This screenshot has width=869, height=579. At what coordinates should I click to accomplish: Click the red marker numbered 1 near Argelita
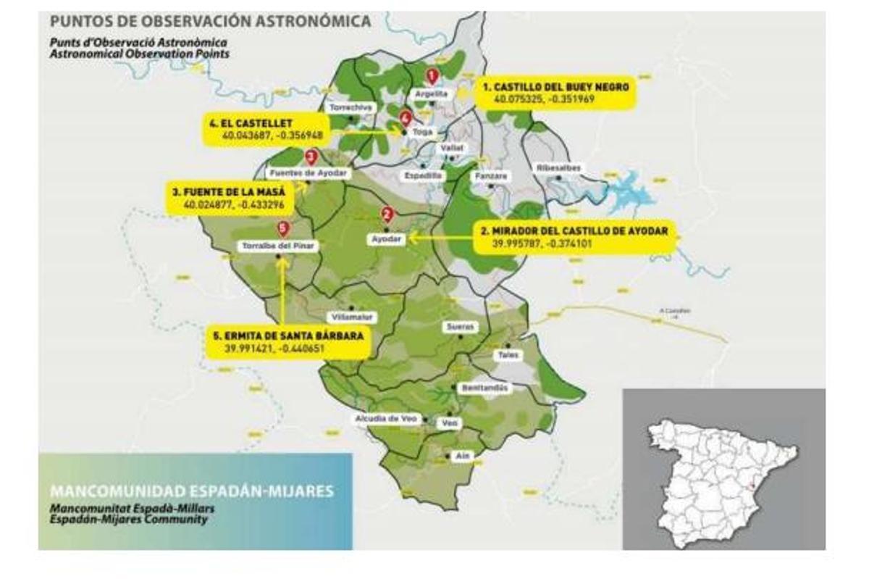tap(432, 75)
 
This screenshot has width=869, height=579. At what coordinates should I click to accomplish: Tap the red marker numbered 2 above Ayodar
tap(387, 214)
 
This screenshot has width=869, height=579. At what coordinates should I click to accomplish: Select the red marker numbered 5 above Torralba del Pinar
tap(283, 228)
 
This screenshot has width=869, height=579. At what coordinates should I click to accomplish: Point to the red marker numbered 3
tap(311, 156)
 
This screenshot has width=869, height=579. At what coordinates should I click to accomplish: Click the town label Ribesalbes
tap(558, 168)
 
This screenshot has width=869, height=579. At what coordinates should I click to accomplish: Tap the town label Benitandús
tap(484, 388)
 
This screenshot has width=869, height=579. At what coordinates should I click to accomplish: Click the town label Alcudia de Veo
tap(386, 419)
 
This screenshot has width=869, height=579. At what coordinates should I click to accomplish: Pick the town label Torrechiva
tap(350, 107)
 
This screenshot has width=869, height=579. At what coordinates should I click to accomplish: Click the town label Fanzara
tap(491, 176)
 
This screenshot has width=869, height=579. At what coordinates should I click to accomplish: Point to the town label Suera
tap(459, 327)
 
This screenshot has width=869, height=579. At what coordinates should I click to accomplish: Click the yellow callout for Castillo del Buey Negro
tap(555, 91)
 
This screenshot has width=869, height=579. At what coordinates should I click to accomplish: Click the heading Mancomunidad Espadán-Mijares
tap(192, 491)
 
